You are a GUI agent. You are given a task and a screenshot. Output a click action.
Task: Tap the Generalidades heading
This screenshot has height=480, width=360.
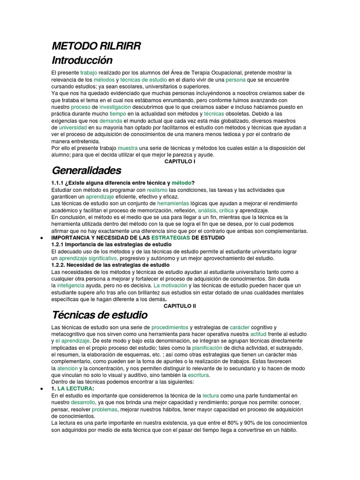pos(86,169)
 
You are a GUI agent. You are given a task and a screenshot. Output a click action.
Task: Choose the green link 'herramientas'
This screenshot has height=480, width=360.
pos(173,204)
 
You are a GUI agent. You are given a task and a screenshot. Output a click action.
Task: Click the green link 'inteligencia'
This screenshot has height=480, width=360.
pos(71,285)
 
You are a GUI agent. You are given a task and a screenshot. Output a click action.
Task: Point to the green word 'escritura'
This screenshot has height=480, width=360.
pos(199,375)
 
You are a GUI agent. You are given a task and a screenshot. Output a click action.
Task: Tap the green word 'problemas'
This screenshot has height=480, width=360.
pos(105,409)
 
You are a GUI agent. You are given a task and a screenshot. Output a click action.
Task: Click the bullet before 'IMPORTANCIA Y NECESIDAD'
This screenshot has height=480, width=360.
pos(44,238)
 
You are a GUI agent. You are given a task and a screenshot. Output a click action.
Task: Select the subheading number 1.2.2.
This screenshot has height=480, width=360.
pos(60,265)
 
